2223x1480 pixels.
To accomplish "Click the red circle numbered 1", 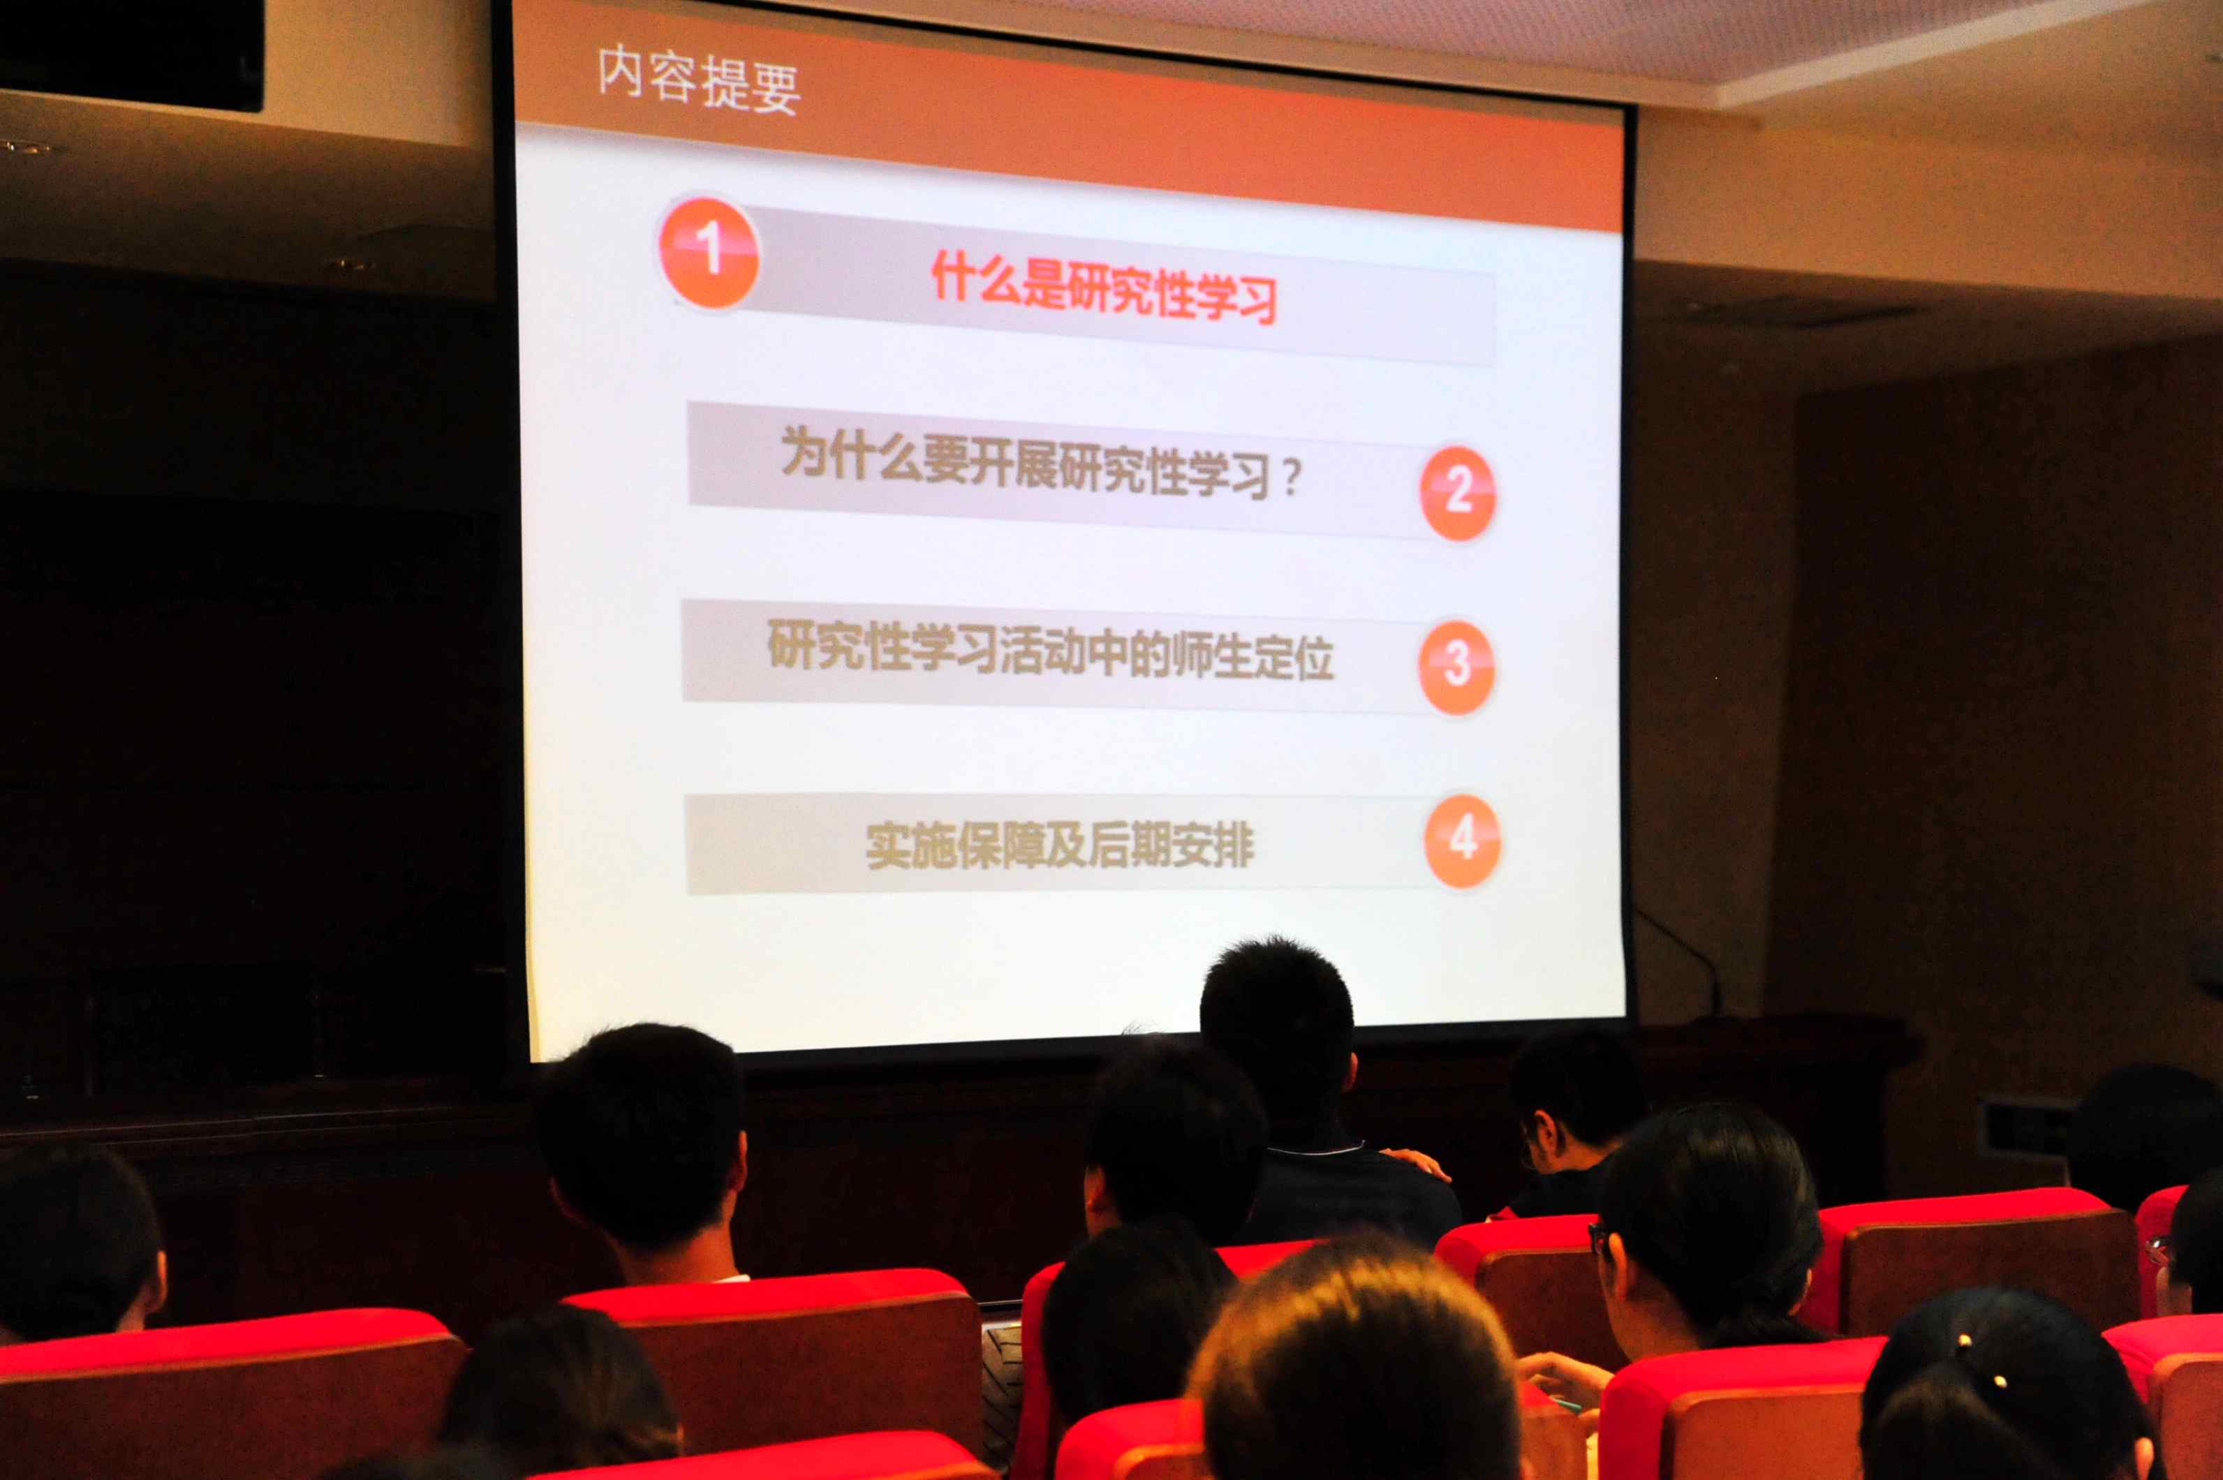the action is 708,251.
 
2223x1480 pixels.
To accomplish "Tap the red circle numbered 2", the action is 1458,493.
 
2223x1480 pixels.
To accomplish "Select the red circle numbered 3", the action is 1456,667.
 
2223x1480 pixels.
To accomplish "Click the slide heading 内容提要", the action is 700,81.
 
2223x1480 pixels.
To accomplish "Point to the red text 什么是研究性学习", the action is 1105,288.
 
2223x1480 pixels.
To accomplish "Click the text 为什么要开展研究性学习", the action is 1025,464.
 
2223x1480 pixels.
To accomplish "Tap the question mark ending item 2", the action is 1290,477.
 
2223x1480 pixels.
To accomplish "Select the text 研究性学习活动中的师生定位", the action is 1051,651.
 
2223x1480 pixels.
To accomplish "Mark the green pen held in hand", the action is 1568,1405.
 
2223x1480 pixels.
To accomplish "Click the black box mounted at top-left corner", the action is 131,54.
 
